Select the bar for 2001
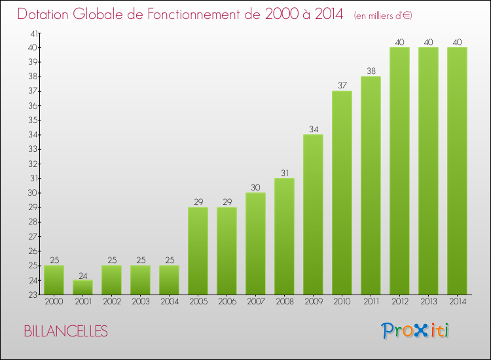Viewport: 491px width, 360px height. click(82, 287)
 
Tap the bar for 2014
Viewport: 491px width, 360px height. click(457, 171)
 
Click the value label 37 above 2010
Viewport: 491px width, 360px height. click(342, 86)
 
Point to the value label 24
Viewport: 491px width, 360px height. click(82, 276)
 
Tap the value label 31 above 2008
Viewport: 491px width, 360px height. click(284, 173)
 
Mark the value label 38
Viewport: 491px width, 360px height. click(371, 71)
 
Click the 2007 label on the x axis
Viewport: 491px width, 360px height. click(255, 302)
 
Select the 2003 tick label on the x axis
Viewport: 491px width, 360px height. click(140, 302)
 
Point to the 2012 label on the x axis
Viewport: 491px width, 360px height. click(399, 302)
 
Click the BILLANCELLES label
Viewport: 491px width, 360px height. click(65, 331)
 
